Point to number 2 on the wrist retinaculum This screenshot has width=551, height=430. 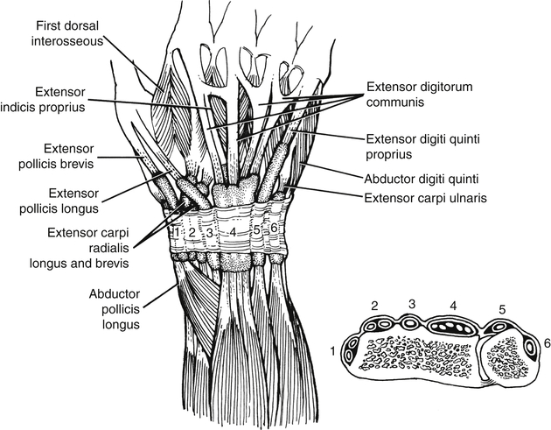[192, 234]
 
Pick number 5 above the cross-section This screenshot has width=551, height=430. [501, 309]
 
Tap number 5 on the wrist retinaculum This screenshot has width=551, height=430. [257, 230]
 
